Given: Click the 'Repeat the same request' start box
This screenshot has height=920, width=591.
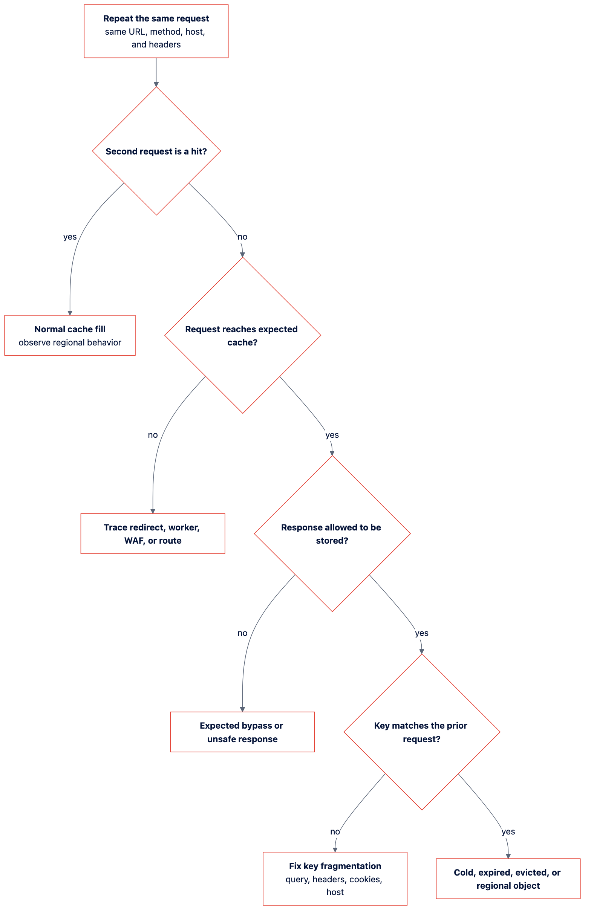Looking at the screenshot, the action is [156, 31].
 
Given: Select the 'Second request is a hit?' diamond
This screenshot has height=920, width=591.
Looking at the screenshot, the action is [156, 151].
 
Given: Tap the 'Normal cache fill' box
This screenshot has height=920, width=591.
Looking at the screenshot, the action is [70, 336].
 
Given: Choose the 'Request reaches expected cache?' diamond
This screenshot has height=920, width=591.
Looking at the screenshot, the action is [242, 336].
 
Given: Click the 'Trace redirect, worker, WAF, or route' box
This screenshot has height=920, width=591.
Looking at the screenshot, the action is [153, 534].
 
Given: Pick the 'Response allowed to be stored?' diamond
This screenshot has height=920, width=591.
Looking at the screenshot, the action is [332, 534].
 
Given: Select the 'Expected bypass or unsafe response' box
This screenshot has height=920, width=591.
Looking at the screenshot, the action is [242, 732].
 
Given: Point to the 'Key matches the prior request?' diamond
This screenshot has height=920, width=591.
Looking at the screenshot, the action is [422, 732].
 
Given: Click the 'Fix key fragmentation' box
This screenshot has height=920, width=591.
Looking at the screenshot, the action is [335, 879].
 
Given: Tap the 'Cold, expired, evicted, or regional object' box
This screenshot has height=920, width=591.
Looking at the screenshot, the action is [508, 879].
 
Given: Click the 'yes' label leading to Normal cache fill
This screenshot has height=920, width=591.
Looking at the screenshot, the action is [70, 237].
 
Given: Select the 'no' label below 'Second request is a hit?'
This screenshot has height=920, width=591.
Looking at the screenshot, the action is [242, 237].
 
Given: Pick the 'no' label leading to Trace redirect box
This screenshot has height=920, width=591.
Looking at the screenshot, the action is [153, 435].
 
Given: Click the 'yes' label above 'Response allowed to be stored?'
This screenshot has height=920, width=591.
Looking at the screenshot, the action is [332, 435].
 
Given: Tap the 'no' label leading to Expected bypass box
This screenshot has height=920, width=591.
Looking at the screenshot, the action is [242, 633].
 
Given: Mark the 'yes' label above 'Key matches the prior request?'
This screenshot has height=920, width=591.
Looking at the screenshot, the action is [422, 633].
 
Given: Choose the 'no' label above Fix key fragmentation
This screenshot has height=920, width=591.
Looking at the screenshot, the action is [335, 832].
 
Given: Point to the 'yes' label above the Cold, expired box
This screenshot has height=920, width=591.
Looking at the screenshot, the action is [508, 832].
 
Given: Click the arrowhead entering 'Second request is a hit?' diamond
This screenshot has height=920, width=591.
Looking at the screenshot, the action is [156, 84].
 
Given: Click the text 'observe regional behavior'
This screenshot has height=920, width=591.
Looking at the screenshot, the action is [70, 342].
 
